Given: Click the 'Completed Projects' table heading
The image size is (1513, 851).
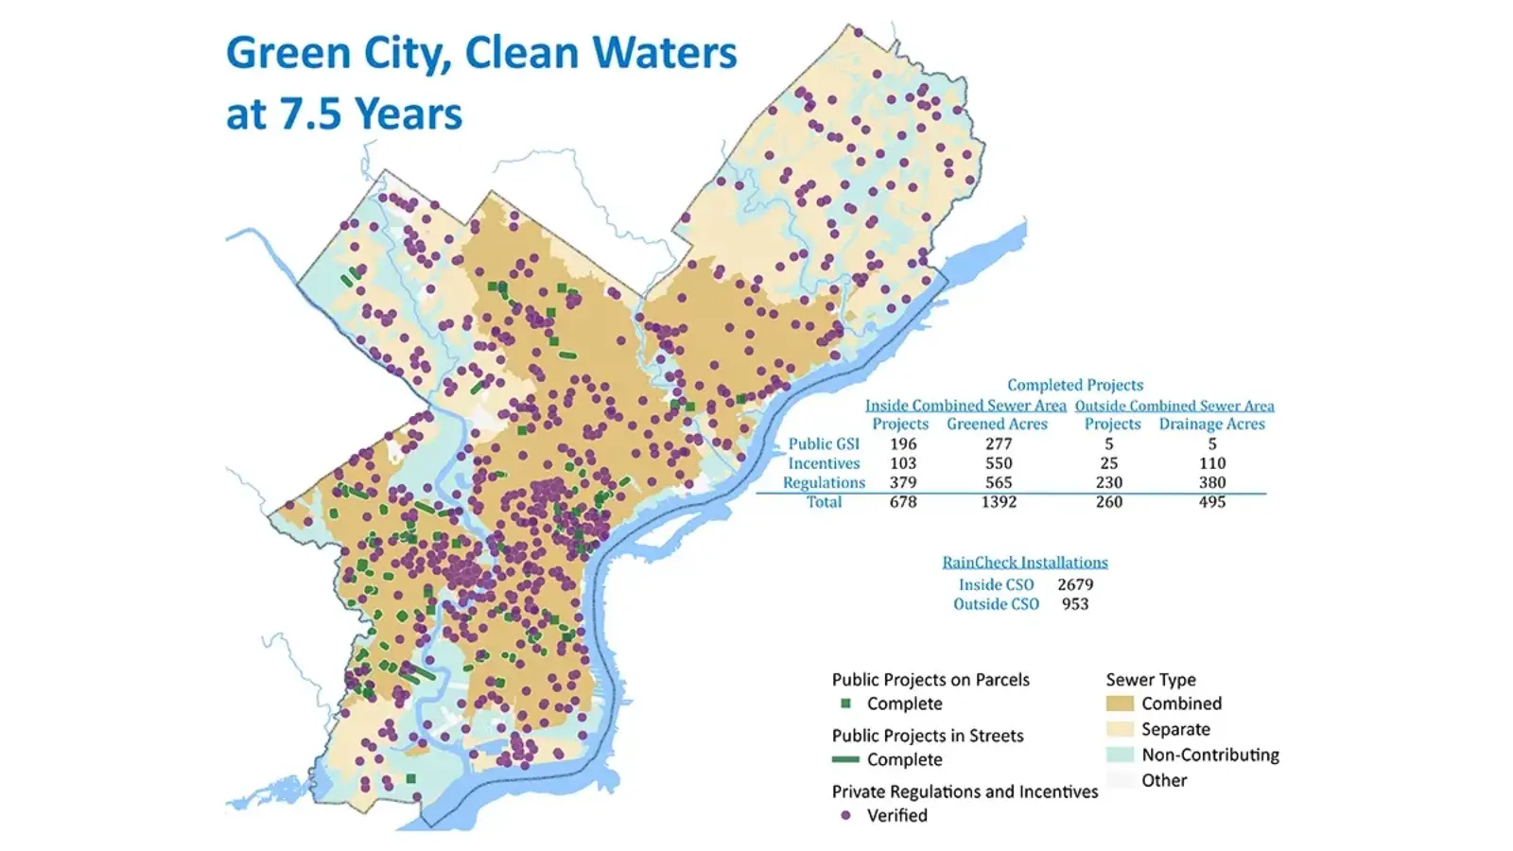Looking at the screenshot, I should pyautogui.click(x=1074, y=385).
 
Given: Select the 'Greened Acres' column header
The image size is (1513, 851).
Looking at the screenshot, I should pyautogui.click(x=997, y=425).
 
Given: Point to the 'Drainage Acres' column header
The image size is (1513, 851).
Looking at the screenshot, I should pyautogui.click(x=1211, y=425).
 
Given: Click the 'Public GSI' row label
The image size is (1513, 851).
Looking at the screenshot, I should pyautogui.click(x=824, y=443).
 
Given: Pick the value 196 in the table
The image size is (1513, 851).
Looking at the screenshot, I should pyautogui.click(x=903, y=443).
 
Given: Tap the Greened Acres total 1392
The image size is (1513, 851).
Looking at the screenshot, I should pyautogui.click(x=999, y=502).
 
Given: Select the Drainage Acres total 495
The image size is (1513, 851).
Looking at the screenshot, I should pyautogui.click(x=1211, y=502).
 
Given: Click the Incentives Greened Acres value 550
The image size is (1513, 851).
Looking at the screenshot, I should pyautogui.click(x=999, y=463).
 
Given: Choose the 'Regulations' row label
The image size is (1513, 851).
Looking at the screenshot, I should pyautogui.click(x=824, y=482).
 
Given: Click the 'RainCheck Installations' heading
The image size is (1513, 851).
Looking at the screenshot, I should pyautogui.click(x=1024, y=563).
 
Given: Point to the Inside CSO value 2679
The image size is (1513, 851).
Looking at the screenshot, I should pyautogui.click(x=1075, y=584).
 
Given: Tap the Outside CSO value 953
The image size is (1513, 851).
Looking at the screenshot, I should pyautogui.click(x=1075, y=604).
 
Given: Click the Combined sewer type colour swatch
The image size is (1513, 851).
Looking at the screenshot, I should pyautogui.click(x=1120, y=703).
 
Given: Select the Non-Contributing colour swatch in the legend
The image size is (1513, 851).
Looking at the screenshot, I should pyautogui.click(x=1120, y=755).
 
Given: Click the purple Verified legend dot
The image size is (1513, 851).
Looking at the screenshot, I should pyautogui.click(x=845, y=815).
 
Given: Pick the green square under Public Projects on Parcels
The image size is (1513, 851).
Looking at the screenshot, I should pyautogui.click(x=846, y=703).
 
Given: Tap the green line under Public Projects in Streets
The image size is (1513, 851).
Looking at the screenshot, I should pyautogui.click(x=845, y=759).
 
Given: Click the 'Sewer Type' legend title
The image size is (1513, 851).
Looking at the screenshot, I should pyautogui.click(x=1151, y=680).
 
